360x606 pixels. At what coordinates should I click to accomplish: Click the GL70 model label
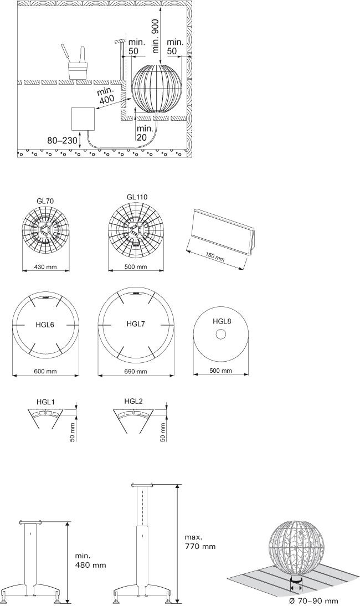pos(46,201)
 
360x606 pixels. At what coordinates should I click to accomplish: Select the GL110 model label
pos(137,197)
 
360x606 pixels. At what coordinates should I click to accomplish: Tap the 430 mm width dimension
pos(45,267)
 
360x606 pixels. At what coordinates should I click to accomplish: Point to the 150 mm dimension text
pos(215,256)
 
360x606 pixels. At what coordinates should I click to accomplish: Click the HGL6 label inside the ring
pos(45,325)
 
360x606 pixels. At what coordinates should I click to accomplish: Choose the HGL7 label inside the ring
pos(136,324)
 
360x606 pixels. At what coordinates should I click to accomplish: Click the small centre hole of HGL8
pos(221,335)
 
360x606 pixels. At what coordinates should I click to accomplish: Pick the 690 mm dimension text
pos(136,372)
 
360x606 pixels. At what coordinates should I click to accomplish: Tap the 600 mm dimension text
pos(45,371)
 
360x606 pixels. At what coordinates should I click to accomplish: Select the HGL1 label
pos(45,402)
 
